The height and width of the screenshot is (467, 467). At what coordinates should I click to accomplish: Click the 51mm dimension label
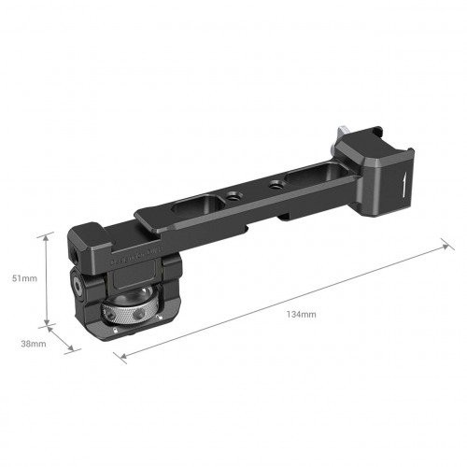tap(24, 278)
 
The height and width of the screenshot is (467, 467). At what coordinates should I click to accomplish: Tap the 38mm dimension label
tap(34, 344)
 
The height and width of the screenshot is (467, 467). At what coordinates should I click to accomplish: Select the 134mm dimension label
tap(301, 315)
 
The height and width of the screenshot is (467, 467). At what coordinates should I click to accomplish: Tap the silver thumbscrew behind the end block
tap(342, 134)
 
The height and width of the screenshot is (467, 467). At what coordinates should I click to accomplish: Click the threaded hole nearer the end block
tap(275, 184)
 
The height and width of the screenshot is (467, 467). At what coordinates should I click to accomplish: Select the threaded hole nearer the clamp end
tap(232, 196)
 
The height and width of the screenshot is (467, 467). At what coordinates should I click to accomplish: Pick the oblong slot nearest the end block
tap(315, 175)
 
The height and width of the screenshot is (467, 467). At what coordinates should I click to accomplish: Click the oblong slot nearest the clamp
tap(198, 205)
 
